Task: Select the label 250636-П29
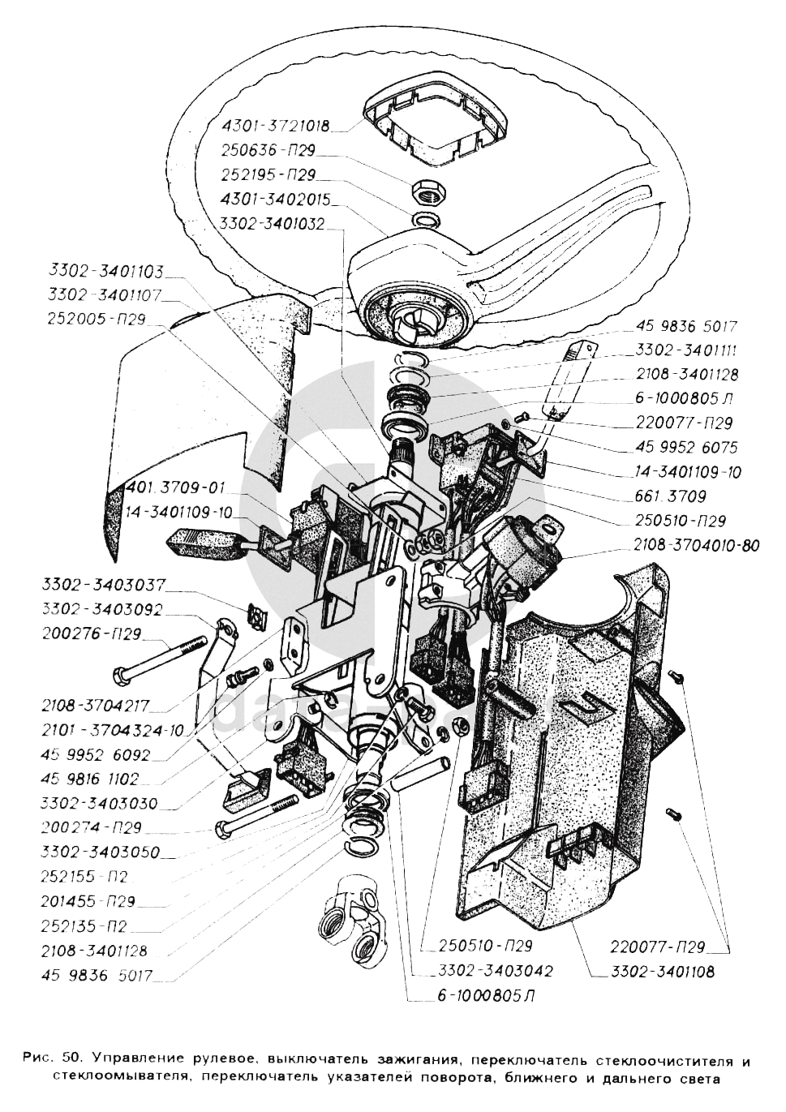point(268,151)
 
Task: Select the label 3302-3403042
point(495,970)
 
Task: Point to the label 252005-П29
point(97,320)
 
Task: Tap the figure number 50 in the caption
point(71,1060)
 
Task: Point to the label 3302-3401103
point(106,272)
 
